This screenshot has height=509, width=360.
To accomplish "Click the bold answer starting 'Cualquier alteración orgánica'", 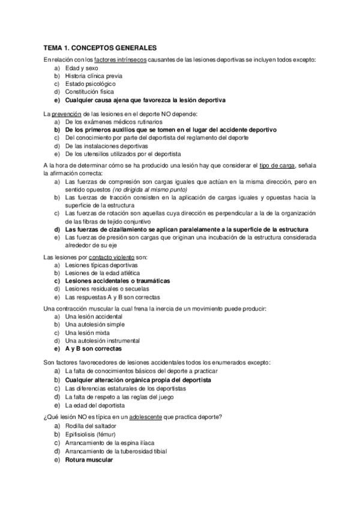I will point(138,380).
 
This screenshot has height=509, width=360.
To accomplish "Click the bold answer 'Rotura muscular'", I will point(88,460).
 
